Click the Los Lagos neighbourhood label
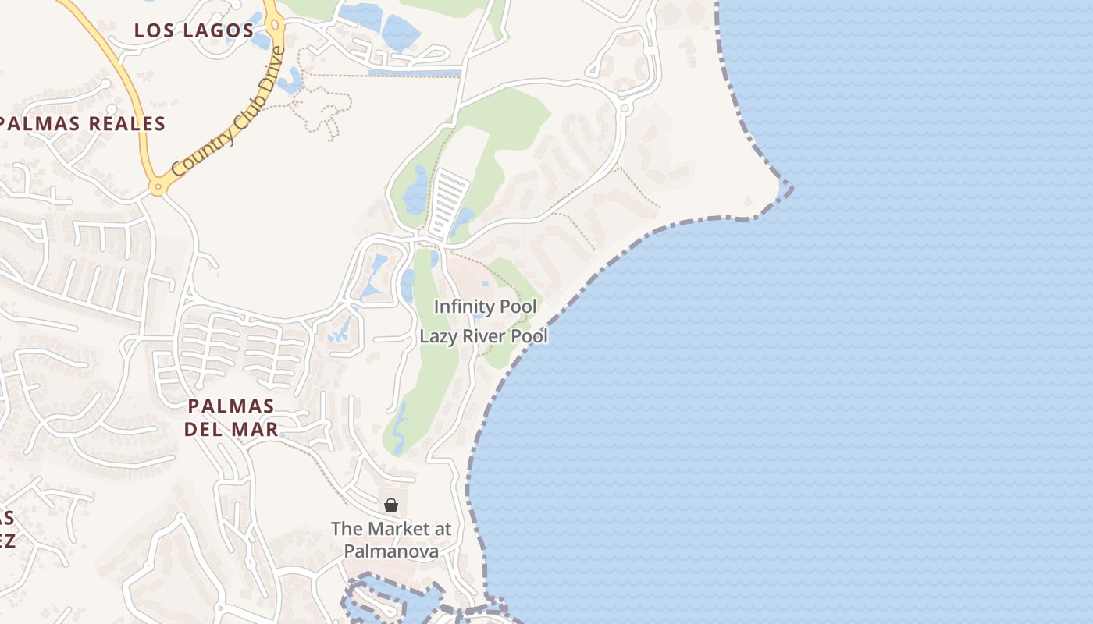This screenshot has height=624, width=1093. (x=194, y=30)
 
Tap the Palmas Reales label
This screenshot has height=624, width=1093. (x=83, y=123)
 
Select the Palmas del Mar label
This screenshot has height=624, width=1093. (x=231, y=417)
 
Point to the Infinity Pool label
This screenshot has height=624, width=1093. (x=485, y=307)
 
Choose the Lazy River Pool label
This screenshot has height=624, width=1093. (x=483, y=336)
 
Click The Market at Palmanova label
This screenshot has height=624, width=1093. (x=391, y=540)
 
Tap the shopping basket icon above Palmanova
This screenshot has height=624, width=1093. (x=391, y=505)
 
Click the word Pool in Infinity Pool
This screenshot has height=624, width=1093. (x=518, y=307)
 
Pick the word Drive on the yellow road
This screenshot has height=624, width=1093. (x=269, y=71)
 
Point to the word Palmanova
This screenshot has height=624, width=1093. (x=391, y=551)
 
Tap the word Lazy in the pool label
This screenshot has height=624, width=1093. (x=438, y=336)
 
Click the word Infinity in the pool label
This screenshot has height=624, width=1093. (x=465, y=307)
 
